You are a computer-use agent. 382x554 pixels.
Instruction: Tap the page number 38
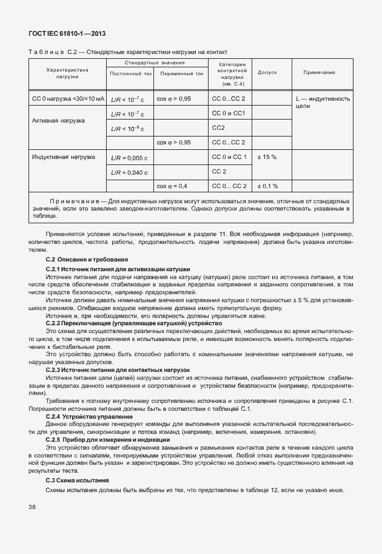pos(32,506)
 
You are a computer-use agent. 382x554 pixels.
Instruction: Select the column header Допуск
pos(267,72)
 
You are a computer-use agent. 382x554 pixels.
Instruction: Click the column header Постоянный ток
pos(130,73)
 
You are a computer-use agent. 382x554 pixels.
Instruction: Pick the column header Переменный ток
pos(181,73)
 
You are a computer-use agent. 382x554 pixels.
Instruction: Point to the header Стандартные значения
pos(155,62)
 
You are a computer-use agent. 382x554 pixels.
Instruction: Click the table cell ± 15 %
pos(267,157)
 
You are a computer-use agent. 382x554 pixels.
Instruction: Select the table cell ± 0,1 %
pos(267,186)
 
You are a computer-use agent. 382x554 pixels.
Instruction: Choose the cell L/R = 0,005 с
pos(129,158)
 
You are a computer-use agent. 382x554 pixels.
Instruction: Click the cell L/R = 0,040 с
pos(129,172)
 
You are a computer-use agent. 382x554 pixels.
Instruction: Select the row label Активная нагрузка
pos(58,121)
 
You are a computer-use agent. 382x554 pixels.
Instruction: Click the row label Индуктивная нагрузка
pos(64,157)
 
